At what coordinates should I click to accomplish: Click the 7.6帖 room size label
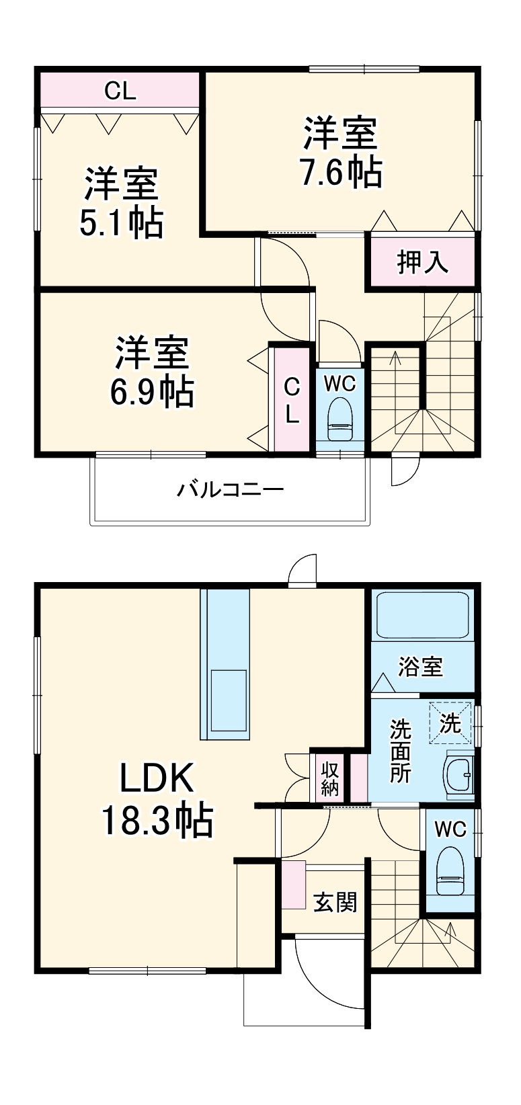click(x=342, y=173)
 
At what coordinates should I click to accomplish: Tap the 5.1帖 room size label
click(x=121, y=223)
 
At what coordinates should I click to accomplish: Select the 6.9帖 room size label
click(x=152, y=392)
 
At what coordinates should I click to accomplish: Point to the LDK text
click(x=157, y=778)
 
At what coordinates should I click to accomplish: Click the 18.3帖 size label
click(x=157, y=820)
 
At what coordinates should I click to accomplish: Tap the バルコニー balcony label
click(x=231, y=489)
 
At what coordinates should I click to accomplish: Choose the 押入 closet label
click(x=422, y=261)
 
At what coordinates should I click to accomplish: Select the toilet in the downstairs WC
click(x=449, y=870)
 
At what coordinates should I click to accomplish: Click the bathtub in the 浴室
click(x=422, y=615)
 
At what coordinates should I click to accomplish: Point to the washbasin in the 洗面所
click(x=459, y=774)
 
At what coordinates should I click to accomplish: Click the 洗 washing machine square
click(x=450, y=723)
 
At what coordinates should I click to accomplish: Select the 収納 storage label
click(x=329, y=779)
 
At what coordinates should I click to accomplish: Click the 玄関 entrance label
click(x=335, y=902)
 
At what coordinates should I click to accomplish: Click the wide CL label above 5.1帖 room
click(x=120, y=91)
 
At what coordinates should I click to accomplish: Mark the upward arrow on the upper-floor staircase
click(x=394, y=358)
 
